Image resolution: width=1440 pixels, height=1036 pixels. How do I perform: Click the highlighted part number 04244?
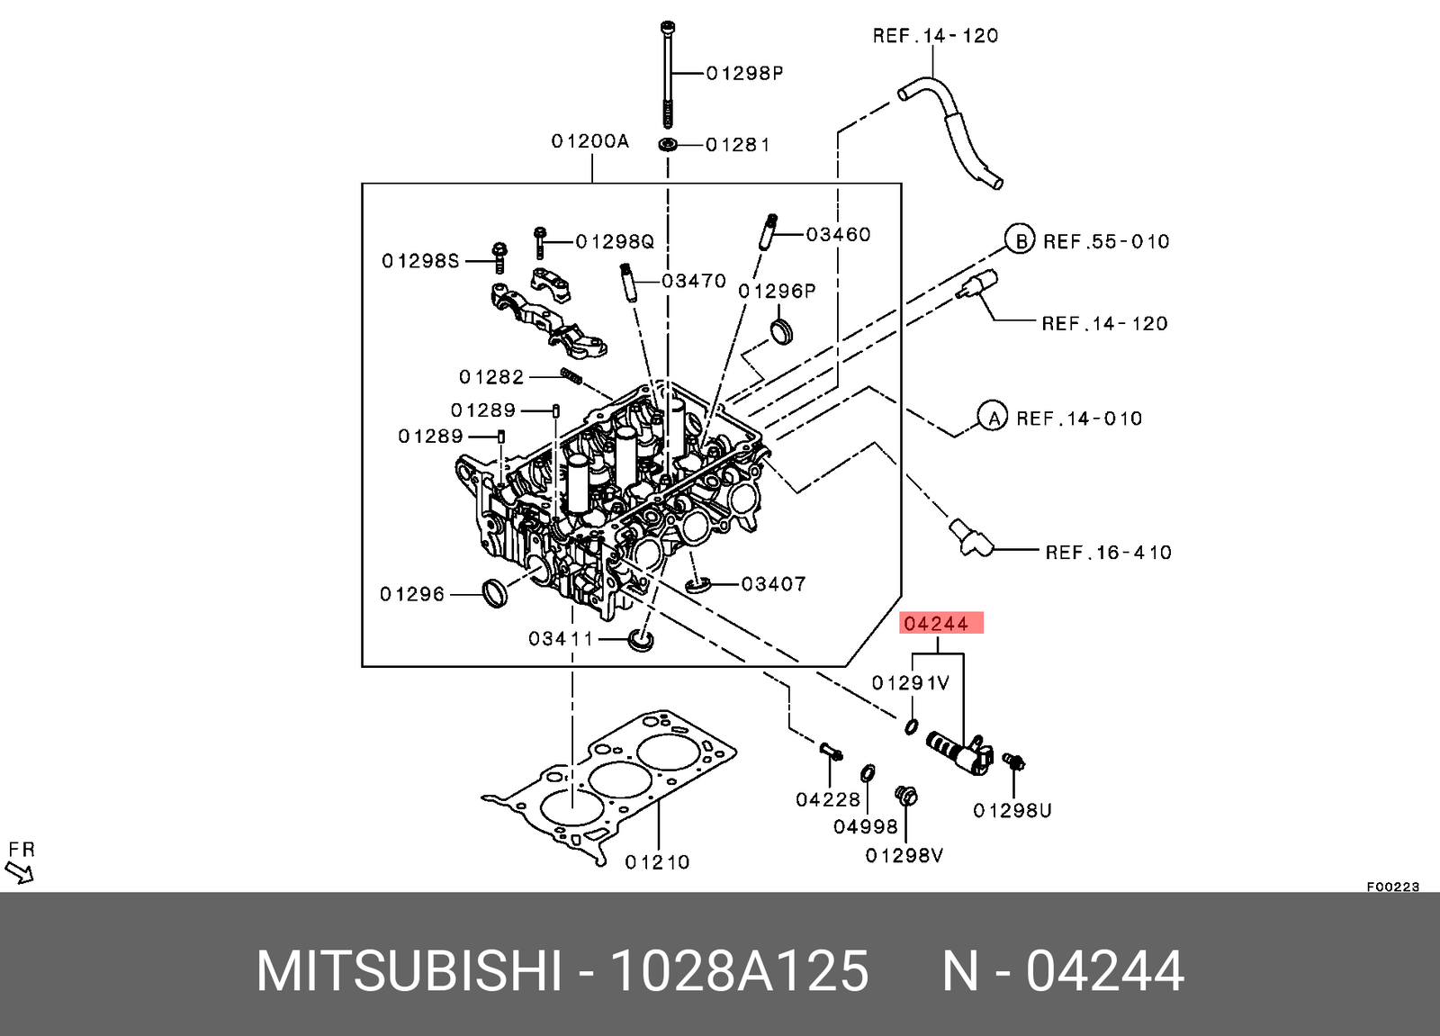coord(936,624)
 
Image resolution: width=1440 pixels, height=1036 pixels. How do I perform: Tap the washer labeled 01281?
coord(668,145)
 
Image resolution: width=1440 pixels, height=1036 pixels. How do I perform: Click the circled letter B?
coord(1020,240)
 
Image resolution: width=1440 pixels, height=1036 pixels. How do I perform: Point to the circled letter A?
coord(993,418)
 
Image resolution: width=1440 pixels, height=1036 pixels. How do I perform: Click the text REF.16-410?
coord(1108,552)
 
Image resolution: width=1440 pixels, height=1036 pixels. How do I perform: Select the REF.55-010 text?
coord(1106,241)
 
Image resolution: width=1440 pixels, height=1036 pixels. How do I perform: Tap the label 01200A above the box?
coord(589,141)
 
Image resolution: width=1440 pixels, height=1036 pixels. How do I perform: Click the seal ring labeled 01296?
coord(494,593)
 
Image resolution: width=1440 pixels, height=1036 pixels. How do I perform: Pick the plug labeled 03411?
coord(641,640)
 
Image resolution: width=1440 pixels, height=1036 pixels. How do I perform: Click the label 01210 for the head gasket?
coord(657,861)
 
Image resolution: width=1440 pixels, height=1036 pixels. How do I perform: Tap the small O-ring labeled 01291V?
coord(911,725)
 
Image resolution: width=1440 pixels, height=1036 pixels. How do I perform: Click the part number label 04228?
coord(827,798)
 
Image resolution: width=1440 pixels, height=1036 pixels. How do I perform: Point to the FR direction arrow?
coord(19,871)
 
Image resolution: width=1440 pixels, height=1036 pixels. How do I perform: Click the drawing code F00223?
coord(1392,887)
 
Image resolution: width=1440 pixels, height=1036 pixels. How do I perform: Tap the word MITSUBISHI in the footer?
coord(409,971)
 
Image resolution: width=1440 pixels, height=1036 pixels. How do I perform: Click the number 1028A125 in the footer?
coord(739,971)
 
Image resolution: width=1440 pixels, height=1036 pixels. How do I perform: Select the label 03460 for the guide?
coord(838,234)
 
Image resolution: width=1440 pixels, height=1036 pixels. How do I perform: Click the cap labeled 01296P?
coord(781,330)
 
